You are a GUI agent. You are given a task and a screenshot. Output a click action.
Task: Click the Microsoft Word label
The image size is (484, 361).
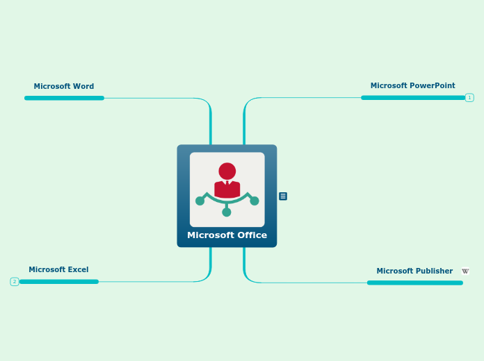[64, 87]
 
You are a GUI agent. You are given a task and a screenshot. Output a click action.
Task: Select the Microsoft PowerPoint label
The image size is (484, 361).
[412, 86]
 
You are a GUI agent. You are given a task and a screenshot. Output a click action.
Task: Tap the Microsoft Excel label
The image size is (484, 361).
[58, 269]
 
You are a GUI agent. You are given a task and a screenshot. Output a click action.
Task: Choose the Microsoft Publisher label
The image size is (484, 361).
[414, 271]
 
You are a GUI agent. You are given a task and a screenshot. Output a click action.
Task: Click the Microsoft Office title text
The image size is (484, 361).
[227, 235]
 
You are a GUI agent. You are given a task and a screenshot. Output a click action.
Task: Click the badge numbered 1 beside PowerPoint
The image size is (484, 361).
[469, 98]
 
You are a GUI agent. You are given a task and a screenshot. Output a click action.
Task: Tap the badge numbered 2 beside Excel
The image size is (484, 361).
[14, 282]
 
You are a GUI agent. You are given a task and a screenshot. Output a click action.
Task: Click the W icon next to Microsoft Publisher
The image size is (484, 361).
[465, 271]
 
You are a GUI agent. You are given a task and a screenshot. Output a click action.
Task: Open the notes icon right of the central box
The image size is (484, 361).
[283, 196]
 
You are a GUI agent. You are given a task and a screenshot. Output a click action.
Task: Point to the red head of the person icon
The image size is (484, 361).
[227, 171]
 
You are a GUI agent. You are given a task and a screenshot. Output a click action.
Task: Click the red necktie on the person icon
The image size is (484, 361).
[227, 184]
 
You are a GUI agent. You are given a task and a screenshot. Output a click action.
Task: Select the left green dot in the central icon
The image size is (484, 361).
[200, 201]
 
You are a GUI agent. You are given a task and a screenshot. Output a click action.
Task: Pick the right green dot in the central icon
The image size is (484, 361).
[255, 201]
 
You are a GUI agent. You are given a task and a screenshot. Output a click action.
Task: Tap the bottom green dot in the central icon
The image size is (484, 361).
[227, 212]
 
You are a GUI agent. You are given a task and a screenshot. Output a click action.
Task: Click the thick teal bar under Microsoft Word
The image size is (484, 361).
[64, 98]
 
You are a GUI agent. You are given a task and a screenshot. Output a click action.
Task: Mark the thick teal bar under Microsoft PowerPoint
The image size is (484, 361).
[413, 98]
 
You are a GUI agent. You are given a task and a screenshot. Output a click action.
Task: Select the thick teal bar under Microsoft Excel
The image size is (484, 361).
[58, 282]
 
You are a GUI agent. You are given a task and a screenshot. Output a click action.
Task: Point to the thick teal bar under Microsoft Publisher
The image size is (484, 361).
[414, 283]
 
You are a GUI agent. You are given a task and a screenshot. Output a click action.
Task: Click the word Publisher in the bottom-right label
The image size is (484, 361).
[434, 271]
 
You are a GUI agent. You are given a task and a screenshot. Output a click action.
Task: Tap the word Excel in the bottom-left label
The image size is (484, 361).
[78, 269]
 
